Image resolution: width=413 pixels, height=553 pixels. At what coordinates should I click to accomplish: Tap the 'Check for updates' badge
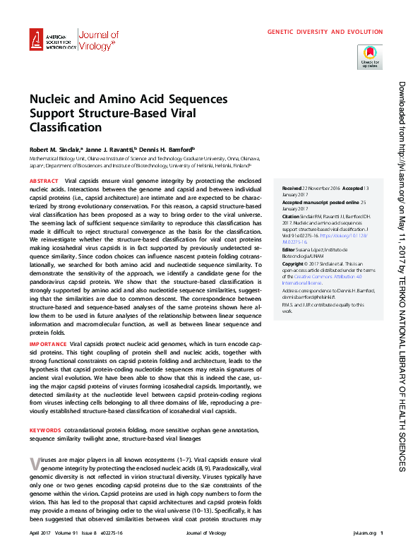coord(371,56)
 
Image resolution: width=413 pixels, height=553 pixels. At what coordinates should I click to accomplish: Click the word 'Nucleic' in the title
coord(52,100)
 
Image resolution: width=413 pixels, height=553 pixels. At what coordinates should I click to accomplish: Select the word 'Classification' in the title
coord(56,127)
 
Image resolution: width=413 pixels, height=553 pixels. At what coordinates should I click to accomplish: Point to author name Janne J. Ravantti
coord(109,150)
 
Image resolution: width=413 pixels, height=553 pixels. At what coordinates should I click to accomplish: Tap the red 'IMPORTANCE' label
coord(47,344)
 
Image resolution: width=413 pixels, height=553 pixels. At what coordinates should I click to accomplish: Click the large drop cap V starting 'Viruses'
coord(35,463)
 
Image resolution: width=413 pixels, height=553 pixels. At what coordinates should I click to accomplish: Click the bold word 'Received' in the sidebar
coord(292,189)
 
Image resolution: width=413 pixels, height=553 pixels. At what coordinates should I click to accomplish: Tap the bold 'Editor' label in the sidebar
coord(289,250)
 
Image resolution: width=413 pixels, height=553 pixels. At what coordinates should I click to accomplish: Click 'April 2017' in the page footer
coord(41,533)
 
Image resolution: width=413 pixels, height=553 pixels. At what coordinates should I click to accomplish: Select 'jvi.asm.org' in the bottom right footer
coord(359,533)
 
